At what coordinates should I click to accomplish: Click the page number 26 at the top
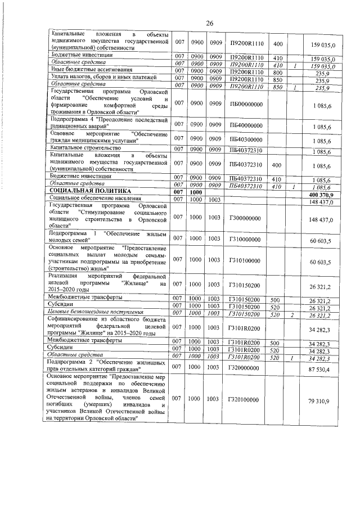[209, 23]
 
